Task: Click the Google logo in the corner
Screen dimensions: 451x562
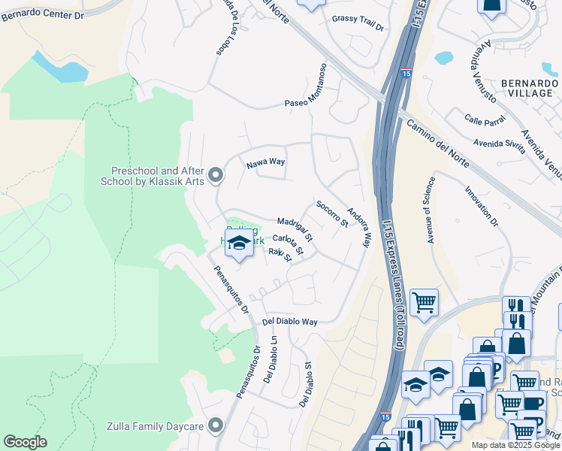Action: [25, 442]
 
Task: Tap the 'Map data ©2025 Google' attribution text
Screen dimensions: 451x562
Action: [515, 445]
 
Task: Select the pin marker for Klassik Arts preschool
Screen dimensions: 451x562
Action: [216, 176]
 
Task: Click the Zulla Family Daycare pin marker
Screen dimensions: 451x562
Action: [216, 426]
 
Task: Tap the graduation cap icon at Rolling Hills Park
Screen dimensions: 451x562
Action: [240, 244]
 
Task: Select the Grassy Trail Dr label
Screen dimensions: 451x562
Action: [358, 23]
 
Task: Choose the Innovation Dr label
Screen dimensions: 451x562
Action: [482, 206]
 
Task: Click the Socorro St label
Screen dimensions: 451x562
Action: [332, 213]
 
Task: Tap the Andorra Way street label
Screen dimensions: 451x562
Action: [359, 228]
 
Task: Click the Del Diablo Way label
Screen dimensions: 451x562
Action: [290, 322]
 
